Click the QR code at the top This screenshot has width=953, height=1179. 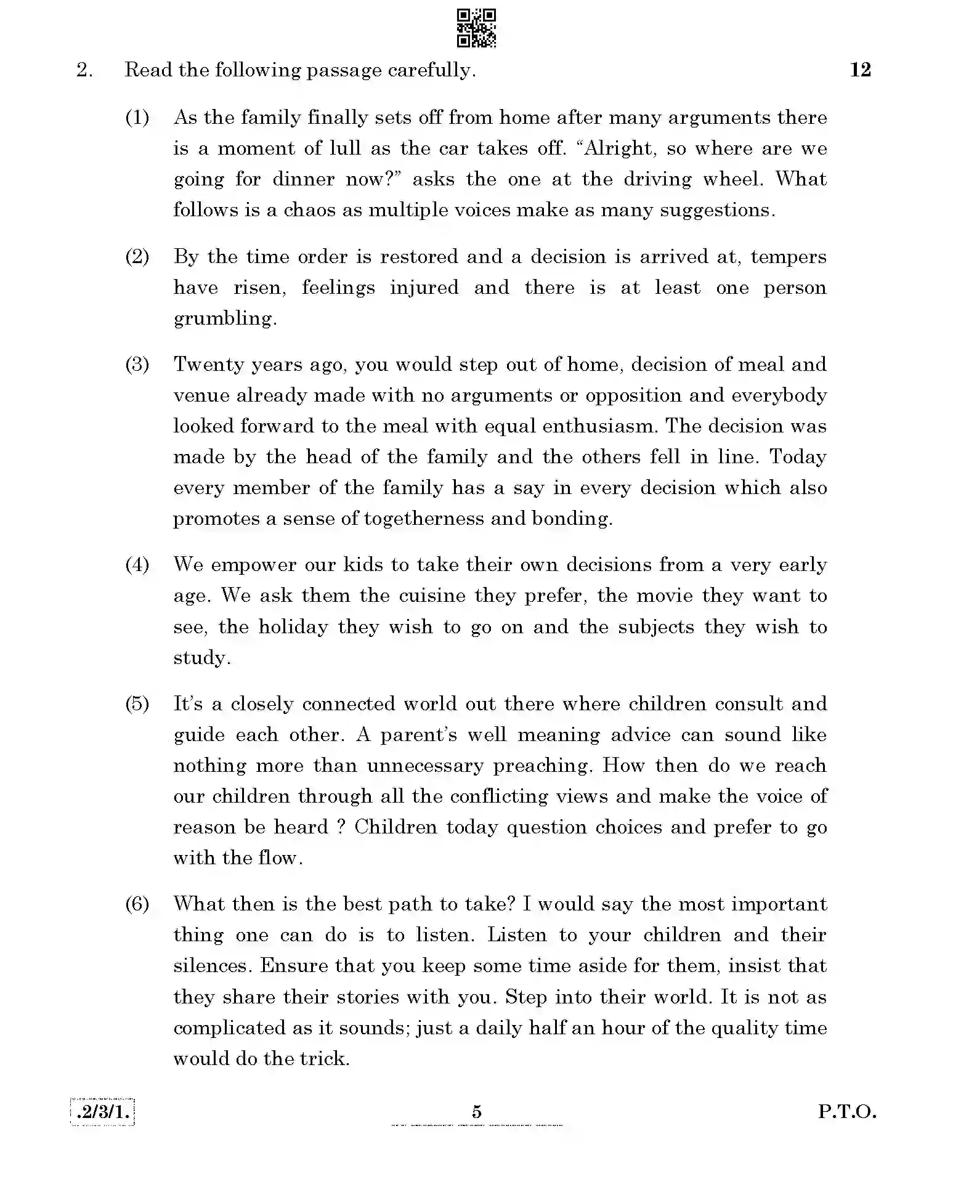point(476,28)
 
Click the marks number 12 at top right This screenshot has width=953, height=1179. point(860,70)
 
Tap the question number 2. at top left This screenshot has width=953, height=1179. point(84,70)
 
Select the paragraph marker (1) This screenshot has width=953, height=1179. point(137,117)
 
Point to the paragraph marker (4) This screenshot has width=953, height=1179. point(137,564)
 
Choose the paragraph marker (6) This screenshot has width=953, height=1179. point(137,904)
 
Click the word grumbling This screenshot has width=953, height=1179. point(224,318)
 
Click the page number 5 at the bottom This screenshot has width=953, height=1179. point(476,1111)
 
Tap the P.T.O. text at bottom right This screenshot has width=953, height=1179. point(846,1111)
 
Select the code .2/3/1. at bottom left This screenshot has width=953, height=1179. point(102,1112)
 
